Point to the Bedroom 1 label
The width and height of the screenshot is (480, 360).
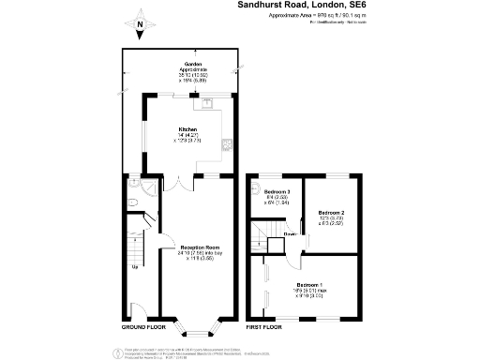tap(311, 284)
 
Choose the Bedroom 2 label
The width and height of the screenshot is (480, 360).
tap(330, 213)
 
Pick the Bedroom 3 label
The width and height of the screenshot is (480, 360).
tap(277, 191)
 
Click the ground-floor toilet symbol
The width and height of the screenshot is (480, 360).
tap(133, 201)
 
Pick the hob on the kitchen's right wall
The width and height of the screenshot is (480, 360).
tap(226, 143)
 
